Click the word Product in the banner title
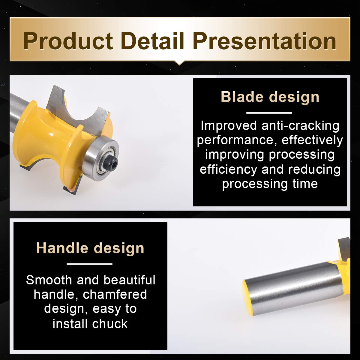(x=68, y=41)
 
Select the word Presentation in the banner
(x=265, y=41)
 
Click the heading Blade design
(x=270, y=97)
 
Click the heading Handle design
(x=90, y=248)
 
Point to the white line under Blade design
(x=269, y=113)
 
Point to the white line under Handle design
(x=89, y=264)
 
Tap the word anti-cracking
(x=300, y=125)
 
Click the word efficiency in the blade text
(x=229, y=169)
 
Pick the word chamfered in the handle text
(x=115, y=295)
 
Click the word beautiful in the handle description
(x=130, y=280)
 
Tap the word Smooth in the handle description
(x=49, y=280)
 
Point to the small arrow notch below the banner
(x=179, y=63)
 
